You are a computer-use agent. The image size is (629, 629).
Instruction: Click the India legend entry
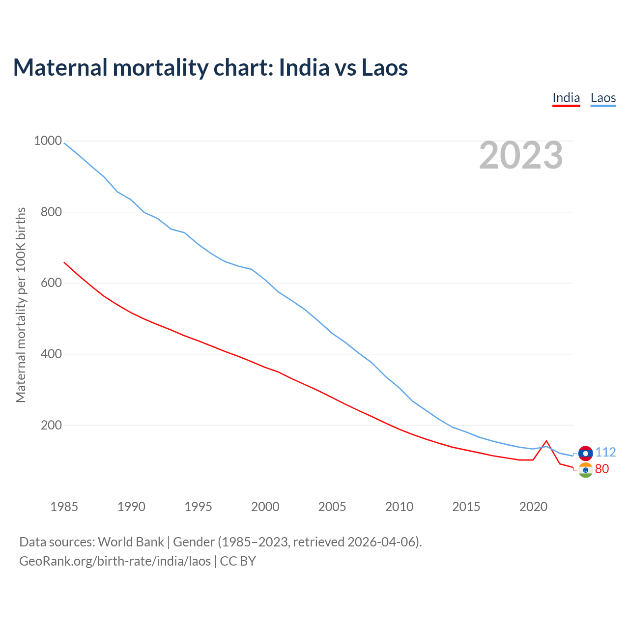[566, 98]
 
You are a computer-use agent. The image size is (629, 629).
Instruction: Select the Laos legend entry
[603, 98]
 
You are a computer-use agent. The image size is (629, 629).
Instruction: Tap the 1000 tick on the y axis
[48, 141]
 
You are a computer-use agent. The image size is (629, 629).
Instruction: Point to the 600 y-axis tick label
[51, 283]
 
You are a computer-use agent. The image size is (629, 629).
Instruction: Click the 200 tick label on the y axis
[51, 425]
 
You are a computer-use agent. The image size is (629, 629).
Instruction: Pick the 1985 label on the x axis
[64, 507]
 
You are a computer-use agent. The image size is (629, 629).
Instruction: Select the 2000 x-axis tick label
[265, 507]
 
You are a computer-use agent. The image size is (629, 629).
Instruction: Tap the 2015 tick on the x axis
[466, 507]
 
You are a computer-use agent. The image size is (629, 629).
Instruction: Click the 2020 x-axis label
[533, 507]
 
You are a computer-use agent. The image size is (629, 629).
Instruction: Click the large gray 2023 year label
[521, 155]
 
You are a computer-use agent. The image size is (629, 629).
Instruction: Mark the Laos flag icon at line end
[585, 453]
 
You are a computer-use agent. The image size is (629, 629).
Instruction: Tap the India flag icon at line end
[585, 470]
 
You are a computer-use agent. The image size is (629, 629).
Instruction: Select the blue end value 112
[605, 452]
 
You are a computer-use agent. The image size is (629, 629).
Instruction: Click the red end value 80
[602, 469]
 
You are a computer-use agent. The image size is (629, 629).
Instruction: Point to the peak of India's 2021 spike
[546, 441]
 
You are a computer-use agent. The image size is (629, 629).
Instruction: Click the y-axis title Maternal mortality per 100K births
[21, 305]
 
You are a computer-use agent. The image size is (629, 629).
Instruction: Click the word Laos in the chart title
[385, 67]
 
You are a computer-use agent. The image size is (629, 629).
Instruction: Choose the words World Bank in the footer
[131, 542]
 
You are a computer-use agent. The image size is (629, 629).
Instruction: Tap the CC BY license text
[238, 561]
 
